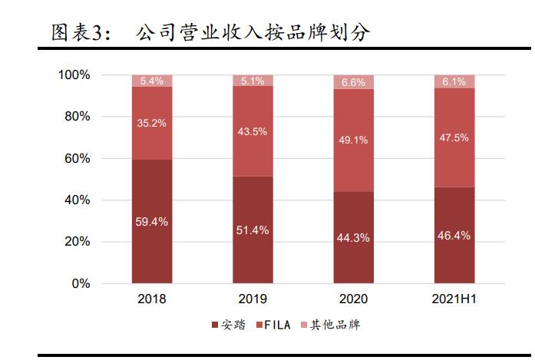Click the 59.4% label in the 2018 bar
click(x=152, y=222)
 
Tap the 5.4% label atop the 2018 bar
click(x=152, y=81)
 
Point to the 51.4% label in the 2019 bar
click(x=253, y=230)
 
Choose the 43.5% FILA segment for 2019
click(x=253, y=131)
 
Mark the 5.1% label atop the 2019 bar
click(x=253, y=81)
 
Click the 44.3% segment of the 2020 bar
click(x=354, y=238)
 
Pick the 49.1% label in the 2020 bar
click(x=354, y=140)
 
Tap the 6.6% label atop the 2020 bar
click(x=354, y=82)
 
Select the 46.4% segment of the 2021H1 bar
click(x=454, y=236)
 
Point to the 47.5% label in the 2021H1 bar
click(x=454, y=138)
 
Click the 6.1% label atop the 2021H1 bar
click(x=454, y=81)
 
